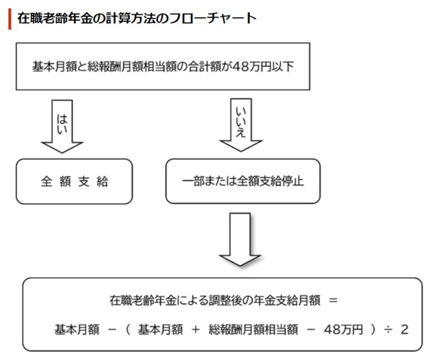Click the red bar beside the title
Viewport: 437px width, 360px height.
tap(10, 19)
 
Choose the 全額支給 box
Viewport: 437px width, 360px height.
tap(74, 181)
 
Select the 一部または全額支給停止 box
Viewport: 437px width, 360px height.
tap(243, 181)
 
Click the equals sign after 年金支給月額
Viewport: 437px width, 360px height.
tap(333, 301)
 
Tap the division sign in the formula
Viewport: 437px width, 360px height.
tap(387, 330)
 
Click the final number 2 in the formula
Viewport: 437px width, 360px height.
tap(405, 330)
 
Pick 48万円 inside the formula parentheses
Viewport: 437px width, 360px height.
tap(344, 330)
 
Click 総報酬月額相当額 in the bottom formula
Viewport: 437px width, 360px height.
tap(254, 330)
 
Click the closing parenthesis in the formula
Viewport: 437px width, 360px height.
tap(372, 330)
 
